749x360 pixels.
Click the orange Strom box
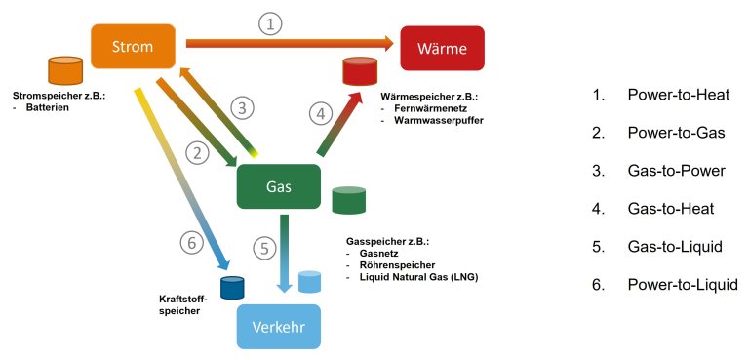point(133,45)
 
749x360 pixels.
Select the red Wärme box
point(442,49)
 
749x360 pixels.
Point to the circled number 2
point(199,152)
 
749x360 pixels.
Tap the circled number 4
point(321,113)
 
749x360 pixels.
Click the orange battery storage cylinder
point(65,70)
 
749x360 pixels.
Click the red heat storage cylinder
point(359,71)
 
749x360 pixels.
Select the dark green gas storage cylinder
point(348,199)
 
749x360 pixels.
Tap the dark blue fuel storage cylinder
point(231,288)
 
